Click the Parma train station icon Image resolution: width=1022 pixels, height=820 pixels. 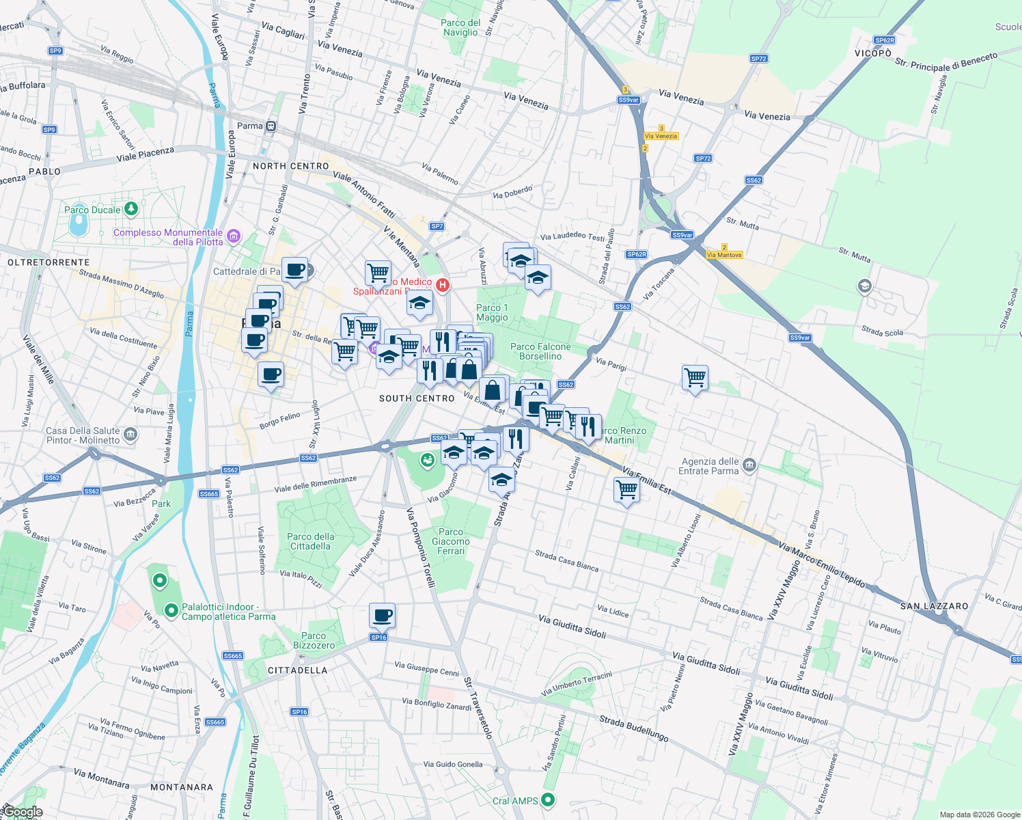tap(271, 126)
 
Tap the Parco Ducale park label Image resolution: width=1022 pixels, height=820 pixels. tap(92, 210)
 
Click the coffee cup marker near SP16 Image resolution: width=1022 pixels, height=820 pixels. tap(383, 616)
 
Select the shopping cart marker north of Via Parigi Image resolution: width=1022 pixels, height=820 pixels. tap(695, 377)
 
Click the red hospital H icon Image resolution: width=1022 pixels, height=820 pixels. tap(443, 285)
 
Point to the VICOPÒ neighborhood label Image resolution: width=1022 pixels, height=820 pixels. tap(872, 53)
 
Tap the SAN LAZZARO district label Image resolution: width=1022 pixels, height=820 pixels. tap(934, 606)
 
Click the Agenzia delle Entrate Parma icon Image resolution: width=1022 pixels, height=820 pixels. tap(749, 465)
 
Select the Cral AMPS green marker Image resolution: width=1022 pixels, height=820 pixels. tap(548, 800)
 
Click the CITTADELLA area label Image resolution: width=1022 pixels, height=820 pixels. tap(297, 670)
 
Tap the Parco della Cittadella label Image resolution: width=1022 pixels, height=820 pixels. tap(311, 541)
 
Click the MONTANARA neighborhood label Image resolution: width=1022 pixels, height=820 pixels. tap(181, 787)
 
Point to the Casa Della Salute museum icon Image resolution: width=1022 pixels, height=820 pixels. tap(130, 435)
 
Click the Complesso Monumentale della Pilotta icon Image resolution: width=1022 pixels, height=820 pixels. tap(234, 236)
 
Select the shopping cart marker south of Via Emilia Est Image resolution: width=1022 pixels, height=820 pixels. tap(626, 489)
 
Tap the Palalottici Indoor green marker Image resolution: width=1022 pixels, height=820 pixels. tap(171, 610)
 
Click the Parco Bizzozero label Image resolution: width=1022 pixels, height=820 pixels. tap(314, 640)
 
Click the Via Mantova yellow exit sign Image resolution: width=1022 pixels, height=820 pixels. tap(724, 255)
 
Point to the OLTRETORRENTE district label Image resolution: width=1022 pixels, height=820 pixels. tap(49, 262)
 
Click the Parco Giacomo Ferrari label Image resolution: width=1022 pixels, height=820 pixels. tap(451, 541)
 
